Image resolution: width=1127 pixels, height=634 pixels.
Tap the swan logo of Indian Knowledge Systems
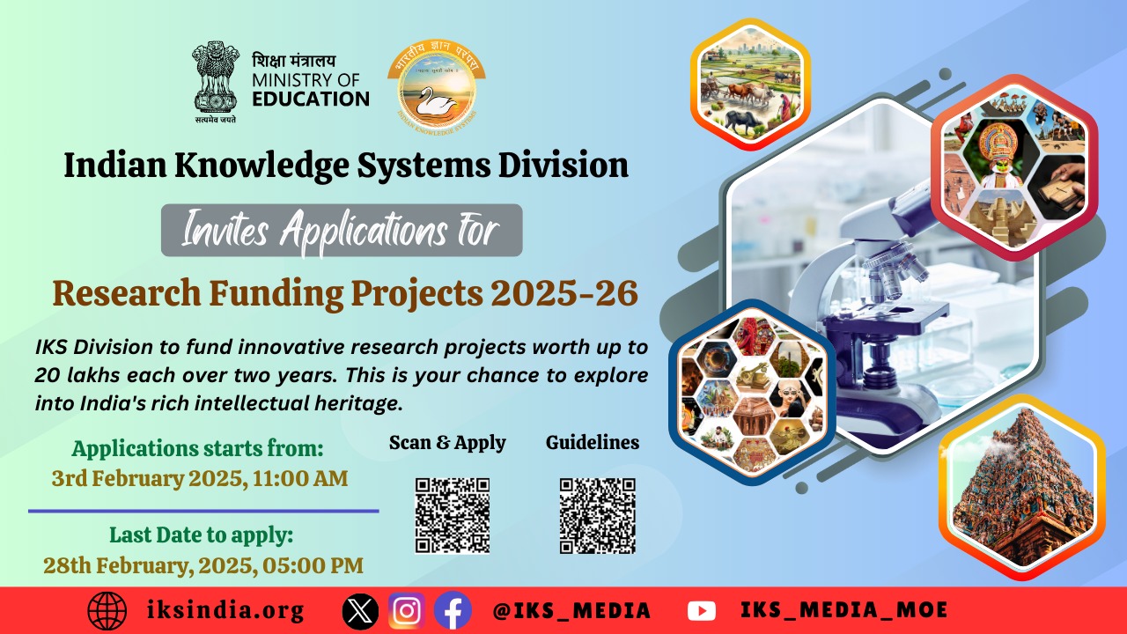tap(435, 88)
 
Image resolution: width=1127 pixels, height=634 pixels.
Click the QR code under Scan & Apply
tap(452, 515)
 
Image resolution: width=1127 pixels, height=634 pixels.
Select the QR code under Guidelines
tap(597, 515)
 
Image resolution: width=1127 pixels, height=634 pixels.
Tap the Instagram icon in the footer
tap(407, 610)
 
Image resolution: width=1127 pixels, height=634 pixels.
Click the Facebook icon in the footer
tap(453, 610)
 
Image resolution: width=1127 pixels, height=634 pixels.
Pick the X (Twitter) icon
tap(359, 610)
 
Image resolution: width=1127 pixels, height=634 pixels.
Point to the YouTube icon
tap(701, 610)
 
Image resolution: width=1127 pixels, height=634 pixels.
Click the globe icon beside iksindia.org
tap(107, 610)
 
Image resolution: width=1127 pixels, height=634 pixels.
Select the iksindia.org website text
tap(227, 610)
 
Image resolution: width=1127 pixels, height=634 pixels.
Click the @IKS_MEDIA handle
tap(572, 610)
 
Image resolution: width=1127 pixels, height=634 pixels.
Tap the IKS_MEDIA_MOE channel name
tap(843, 610)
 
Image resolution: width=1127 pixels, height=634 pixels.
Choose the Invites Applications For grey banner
tap(342, 231)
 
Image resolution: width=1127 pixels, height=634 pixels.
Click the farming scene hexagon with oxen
tap(750, 84)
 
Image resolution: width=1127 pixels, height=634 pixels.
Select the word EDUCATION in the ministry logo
tap(311, 99)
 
